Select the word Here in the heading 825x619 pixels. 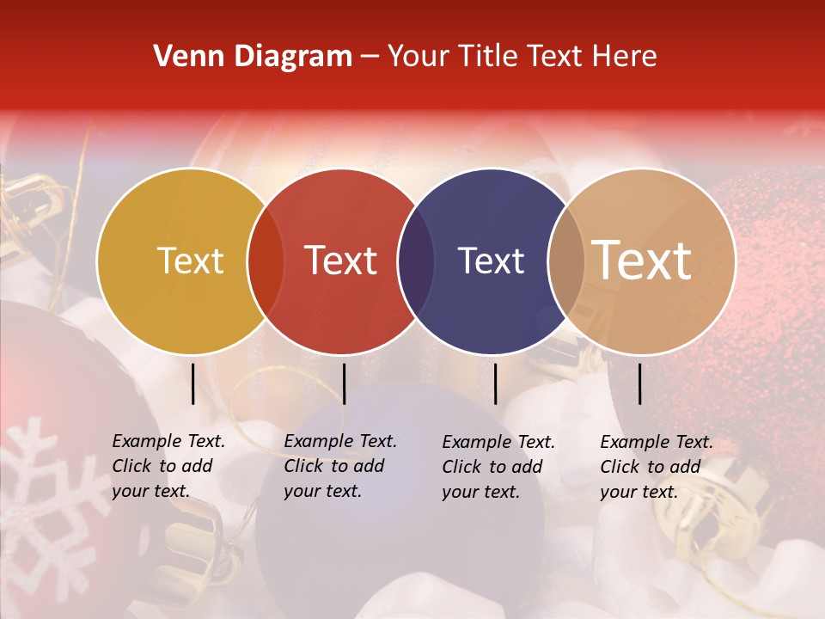point(626,57)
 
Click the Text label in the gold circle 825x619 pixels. point(190,260)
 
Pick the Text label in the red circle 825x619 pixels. point(341,260)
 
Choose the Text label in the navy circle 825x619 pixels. point(491,260)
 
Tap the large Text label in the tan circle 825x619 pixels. point(642,260)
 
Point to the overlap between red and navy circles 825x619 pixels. point(415,261)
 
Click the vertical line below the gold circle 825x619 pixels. point(193,383)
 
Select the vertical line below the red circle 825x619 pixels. point(344,383)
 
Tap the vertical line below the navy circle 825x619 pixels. point(495,383)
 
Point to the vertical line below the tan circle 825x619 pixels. point(640,383)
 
